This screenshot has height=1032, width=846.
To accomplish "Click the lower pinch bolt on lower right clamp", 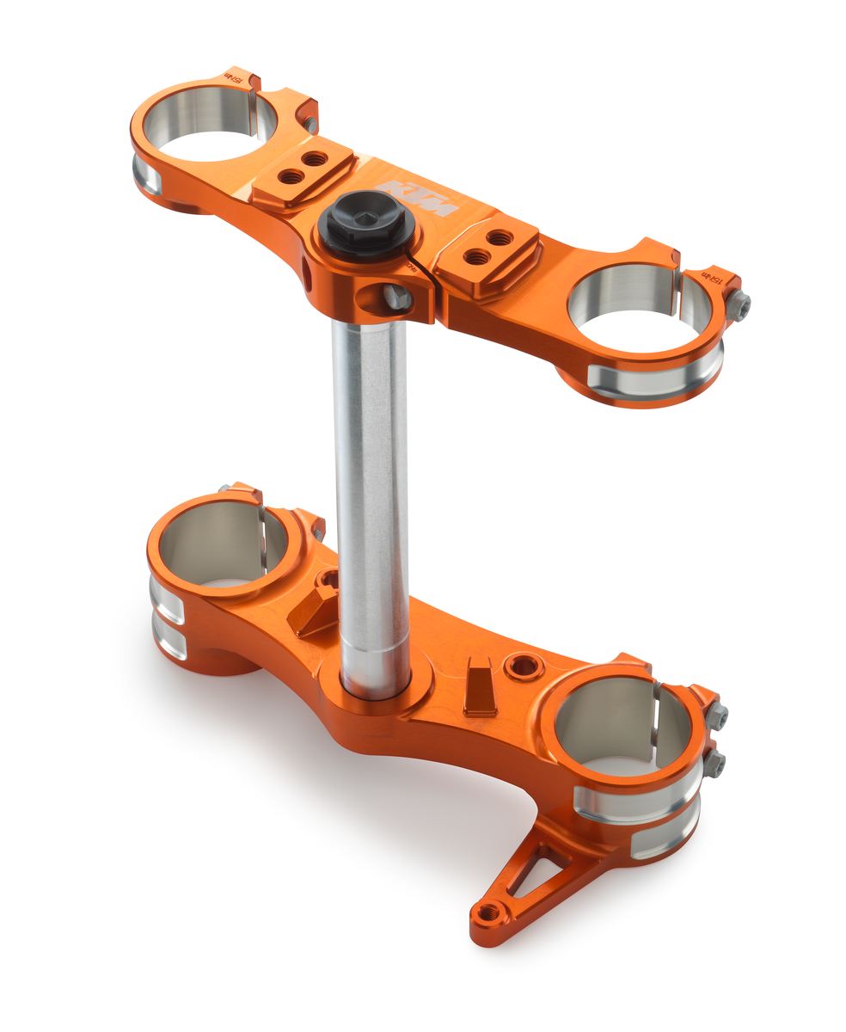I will tap(715, 761).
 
